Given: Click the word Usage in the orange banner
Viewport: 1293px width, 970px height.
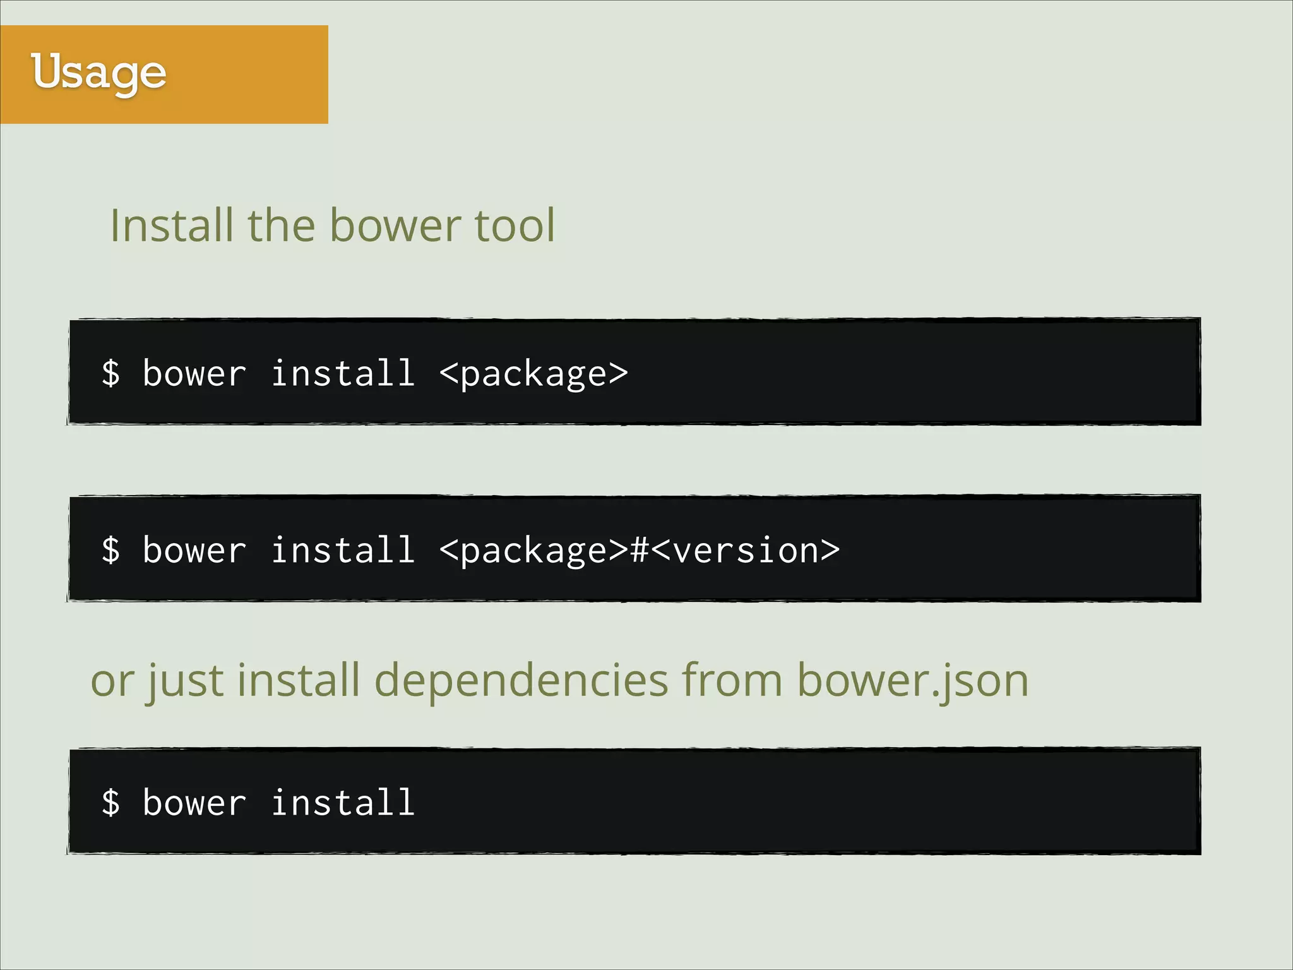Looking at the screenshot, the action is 98,73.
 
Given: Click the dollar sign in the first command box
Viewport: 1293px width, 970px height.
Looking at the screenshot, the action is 110,373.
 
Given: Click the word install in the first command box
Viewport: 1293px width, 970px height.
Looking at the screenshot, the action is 343,373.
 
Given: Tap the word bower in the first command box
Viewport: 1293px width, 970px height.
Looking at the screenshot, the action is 194,373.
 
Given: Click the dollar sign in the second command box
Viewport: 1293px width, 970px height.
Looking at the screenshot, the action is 110,549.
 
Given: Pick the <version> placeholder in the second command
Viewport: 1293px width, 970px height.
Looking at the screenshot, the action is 746,549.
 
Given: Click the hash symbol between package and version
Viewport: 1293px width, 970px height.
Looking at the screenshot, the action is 640,549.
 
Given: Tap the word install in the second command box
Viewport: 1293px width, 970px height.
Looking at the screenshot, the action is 343,549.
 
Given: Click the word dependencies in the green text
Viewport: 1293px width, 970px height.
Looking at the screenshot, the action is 521,681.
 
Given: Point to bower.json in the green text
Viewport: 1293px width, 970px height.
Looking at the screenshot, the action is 912,681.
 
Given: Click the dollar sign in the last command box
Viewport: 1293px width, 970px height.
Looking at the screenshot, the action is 110,802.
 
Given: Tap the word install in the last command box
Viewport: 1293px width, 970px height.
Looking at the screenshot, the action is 343,802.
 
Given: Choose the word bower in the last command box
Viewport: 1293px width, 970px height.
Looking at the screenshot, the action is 194,802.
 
